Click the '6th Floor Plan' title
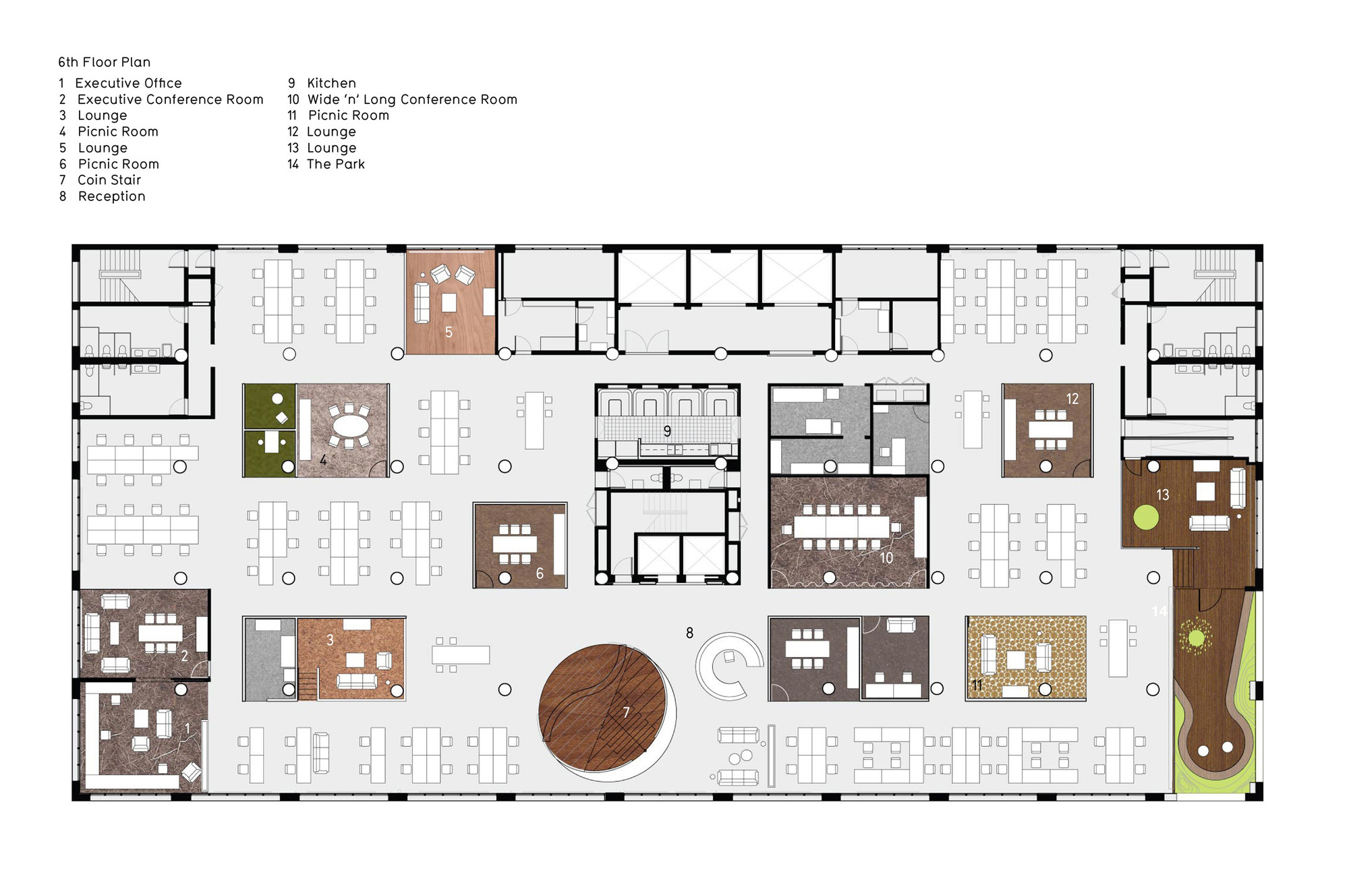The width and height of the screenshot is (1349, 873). (104, 62)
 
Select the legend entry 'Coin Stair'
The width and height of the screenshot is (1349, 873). (109, 180)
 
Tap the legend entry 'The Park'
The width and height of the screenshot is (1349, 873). (336, 164)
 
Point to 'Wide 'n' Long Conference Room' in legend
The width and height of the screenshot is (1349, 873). (412, 99)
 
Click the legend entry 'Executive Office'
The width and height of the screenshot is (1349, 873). (128, 83)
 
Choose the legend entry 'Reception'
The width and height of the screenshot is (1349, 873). (112, 196)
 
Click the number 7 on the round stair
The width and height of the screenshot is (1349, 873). (626, 712)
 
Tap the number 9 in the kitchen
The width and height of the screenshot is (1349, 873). (667, 431)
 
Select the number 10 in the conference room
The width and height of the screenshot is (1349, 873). (886, 558)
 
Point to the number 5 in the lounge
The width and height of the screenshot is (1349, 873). (449, 332)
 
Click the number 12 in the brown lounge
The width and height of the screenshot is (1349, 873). (1072, 399)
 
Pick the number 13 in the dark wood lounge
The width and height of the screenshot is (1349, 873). (1162, 495)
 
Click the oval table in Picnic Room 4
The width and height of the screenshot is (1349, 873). (348, 426)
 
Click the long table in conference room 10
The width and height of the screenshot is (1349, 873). (842, 527)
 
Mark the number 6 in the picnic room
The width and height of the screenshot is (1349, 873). (540, 573)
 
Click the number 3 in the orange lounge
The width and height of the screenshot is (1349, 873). (330, 640)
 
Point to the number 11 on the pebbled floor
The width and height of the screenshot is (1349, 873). (977, 685)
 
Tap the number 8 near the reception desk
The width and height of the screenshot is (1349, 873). (689, 633)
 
